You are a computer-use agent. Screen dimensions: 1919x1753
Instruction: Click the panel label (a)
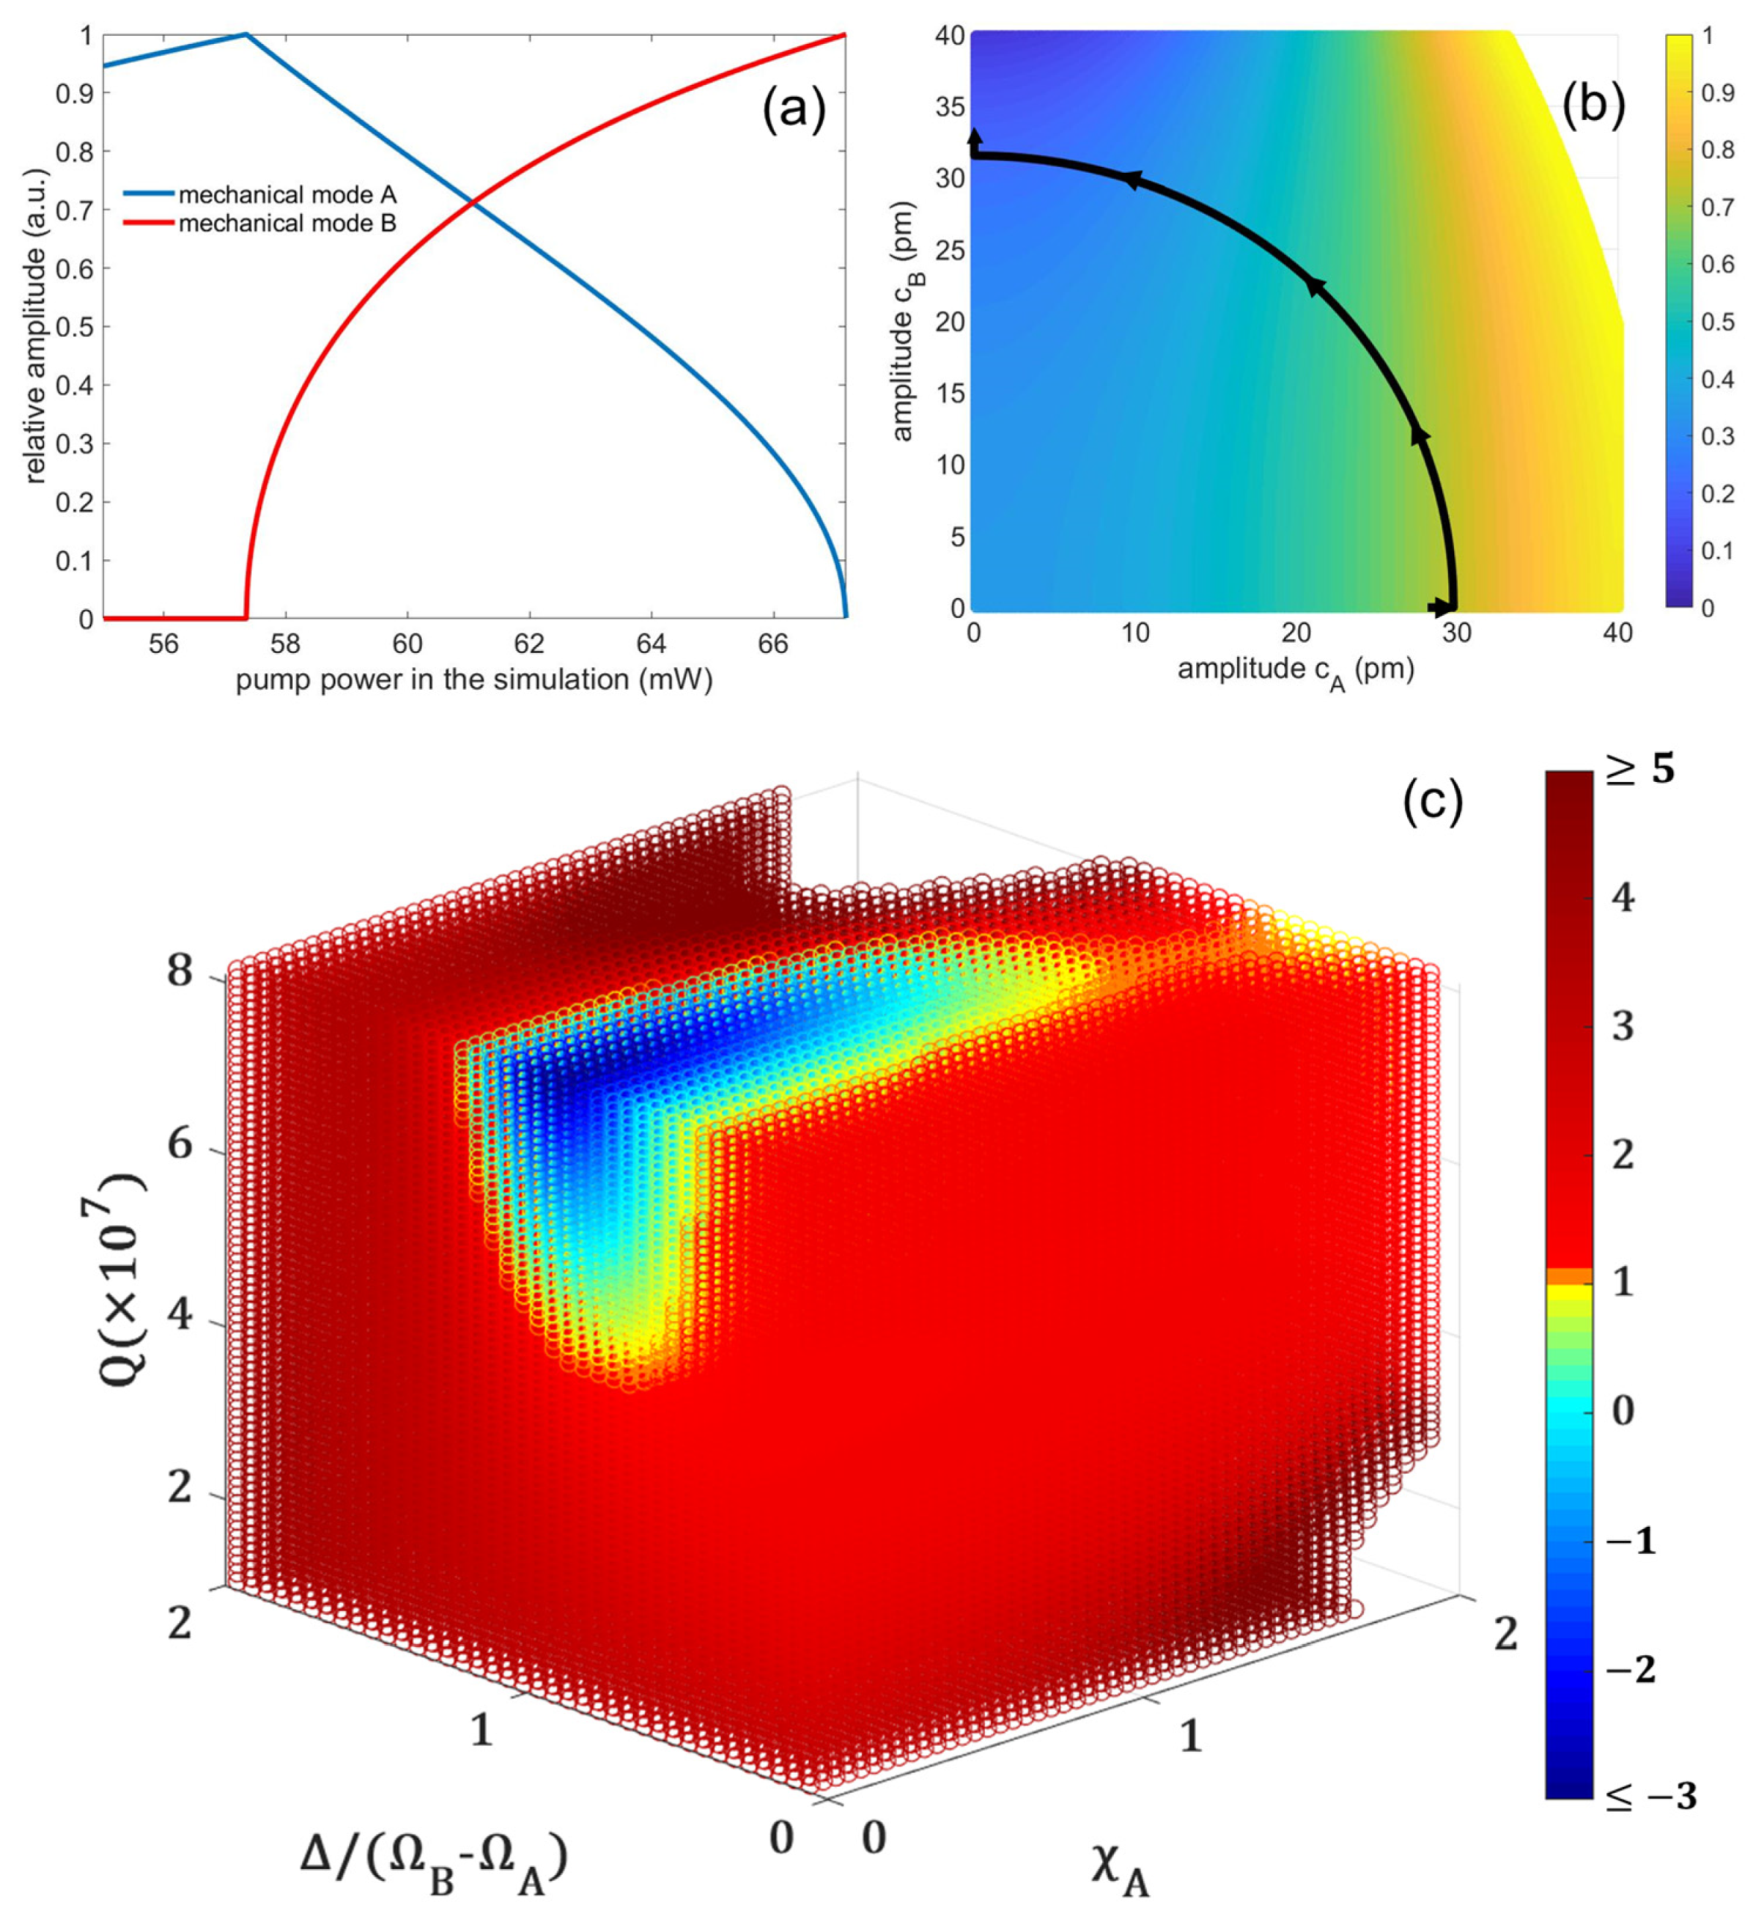pyautogui.click(x=794, y=111)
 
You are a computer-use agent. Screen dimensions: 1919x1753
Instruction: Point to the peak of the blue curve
pyautogui.click(x=246, y=35)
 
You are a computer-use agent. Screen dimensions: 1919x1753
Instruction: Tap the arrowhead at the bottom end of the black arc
pyautogui.click(x=1443, y=608)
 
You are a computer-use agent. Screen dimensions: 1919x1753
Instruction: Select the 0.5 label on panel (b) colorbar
pyautogui.click(x=1718, y=322)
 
